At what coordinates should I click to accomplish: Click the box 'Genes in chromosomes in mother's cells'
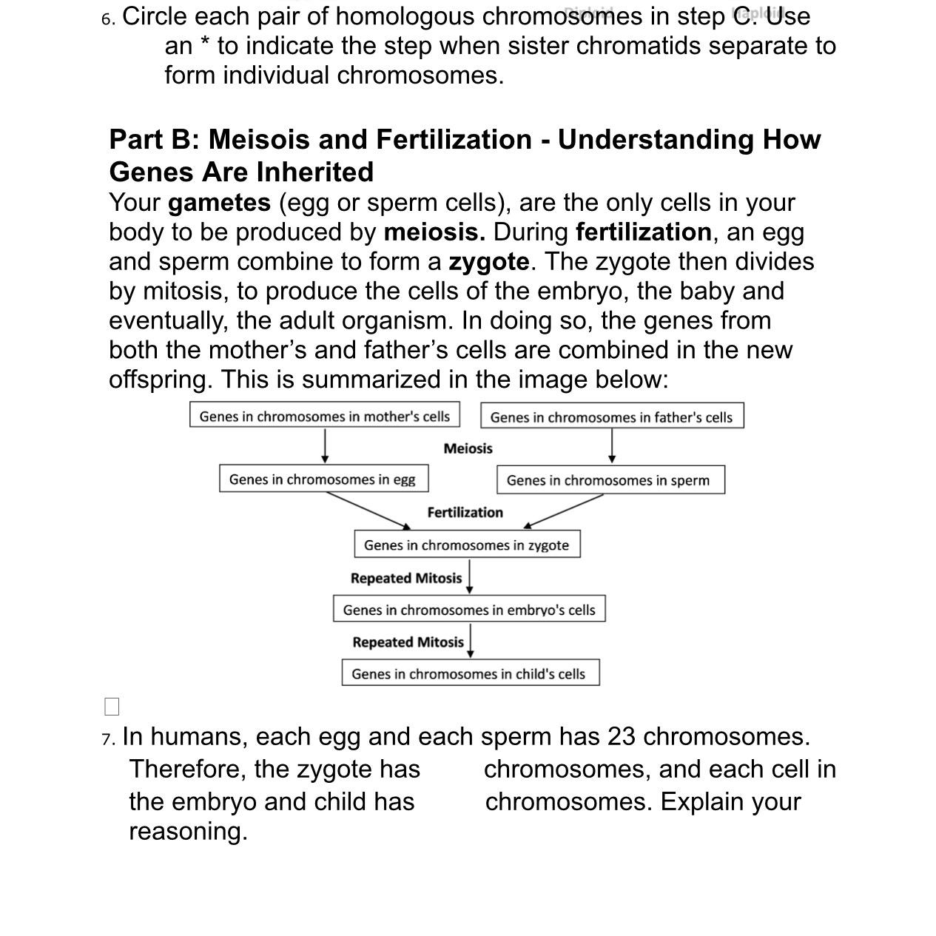(324, 415)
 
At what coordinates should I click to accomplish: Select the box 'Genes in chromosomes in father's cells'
(612, 416)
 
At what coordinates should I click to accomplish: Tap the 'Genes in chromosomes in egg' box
(323, 479)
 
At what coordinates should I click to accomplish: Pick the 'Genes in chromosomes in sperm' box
(610, 479)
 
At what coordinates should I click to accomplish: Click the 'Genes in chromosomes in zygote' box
(467, 544)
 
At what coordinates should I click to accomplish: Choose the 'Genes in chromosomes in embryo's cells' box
(469, 609)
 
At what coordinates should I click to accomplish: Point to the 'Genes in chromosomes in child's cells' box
(470, 673)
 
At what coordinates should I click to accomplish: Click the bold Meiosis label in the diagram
(468, 448)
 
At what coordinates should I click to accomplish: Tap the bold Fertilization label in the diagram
(465, 512)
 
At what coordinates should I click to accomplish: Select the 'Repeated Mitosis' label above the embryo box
(405, 578)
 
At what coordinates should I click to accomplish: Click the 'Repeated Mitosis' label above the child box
(408, 642)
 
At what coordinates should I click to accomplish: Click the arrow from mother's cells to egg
(325, 446)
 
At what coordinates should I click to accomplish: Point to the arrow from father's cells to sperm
(612, 446)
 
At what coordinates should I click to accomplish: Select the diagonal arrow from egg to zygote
(368, 511)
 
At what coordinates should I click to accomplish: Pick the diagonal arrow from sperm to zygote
(564, 511)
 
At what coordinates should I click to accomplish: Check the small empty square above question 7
(112, 707)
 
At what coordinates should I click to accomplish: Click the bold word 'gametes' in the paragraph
(219, 203)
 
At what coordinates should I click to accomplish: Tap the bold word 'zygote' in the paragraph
(488, 262)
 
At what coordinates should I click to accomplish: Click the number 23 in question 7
(622, 737)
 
